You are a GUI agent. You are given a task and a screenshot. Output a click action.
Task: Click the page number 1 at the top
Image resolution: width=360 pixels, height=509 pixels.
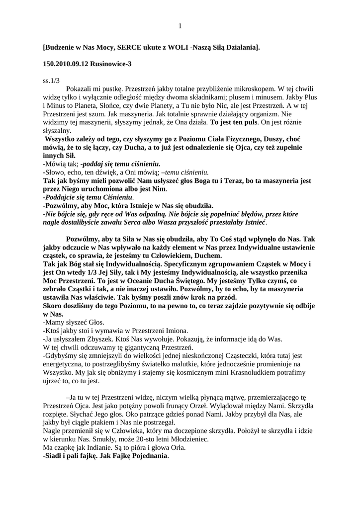(x=180, y=26)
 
